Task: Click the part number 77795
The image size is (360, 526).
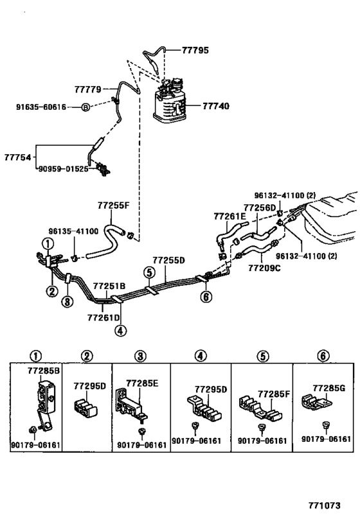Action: tap(195, 50)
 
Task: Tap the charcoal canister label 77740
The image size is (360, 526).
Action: tap(216, 106)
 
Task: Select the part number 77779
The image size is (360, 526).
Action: tap(87, 89)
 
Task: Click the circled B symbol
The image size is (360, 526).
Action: tap(85, 107)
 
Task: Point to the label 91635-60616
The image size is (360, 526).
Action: tap(41, 107)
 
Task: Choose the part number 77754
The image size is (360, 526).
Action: tap(17, 157)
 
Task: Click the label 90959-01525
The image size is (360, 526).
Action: tap(64, 169)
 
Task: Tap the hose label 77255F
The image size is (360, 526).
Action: tap(114, 206)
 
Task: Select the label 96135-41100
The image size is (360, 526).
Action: tap(73, 231)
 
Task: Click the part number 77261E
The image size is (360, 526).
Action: tap(230, 216)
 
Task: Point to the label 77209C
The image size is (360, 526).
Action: tap(264, 268)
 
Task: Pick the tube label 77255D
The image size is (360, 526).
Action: tap(168, 260)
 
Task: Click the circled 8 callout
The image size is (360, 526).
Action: tap(67, 302)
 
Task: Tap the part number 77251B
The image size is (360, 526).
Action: tap(109, 286)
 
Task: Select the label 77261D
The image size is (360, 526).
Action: tap(104, 317)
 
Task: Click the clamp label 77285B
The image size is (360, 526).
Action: tap(44, 371)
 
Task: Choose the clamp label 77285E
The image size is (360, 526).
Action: tap(142, 383)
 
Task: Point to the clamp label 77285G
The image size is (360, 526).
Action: tap(328, 388)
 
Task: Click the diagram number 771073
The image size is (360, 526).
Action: tap(325, 505)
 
